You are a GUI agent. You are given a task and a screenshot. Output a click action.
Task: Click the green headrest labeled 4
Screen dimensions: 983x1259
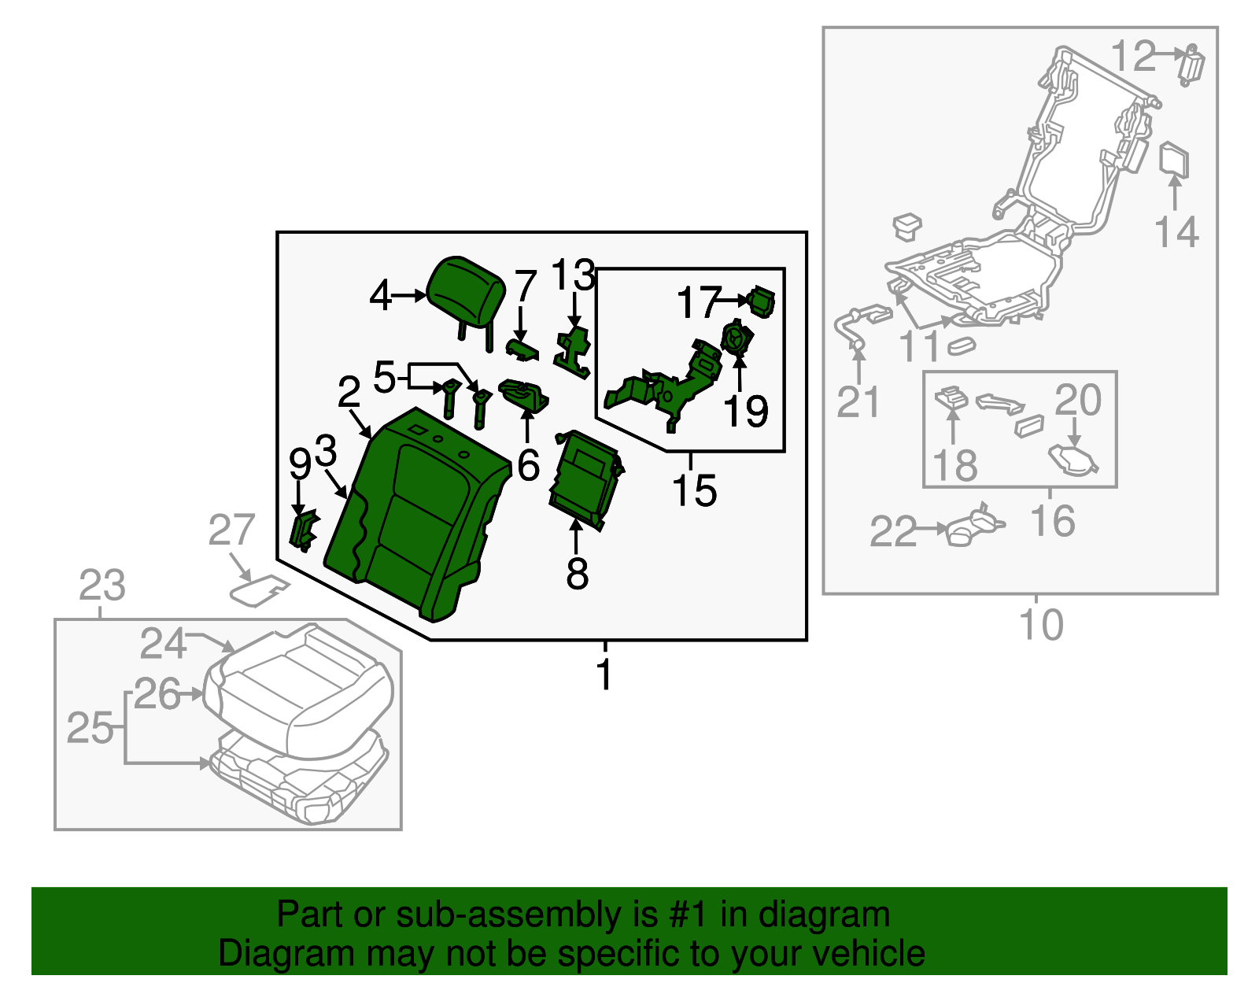coord(467,291)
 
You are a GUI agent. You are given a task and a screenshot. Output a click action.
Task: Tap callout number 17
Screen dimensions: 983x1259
coord(699,302)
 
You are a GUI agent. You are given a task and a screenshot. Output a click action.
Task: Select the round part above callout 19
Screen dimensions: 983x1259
coord(737,339)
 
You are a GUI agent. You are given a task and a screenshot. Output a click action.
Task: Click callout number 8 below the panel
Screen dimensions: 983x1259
coord(577,574)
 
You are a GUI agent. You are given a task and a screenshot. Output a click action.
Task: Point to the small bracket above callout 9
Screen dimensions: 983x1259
coord(303,528)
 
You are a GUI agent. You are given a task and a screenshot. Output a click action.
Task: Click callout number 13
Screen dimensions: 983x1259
coord(573,275)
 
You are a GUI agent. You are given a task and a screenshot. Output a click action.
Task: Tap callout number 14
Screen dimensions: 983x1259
coord(1176,233)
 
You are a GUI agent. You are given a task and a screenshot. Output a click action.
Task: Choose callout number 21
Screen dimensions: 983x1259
coord(858,402)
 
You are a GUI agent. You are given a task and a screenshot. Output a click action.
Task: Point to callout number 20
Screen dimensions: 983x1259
coord(1077,400)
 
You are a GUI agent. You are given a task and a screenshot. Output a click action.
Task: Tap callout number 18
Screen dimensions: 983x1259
coord(955,465)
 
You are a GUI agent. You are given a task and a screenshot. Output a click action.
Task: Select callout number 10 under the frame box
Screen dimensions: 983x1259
coord(1040,625)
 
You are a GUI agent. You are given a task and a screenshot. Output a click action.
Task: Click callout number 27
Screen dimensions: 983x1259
coord(231,530)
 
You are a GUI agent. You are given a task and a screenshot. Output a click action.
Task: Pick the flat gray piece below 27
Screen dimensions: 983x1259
coord(258,590)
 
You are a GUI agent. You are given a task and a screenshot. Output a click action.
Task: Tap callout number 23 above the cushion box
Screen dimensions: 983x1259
coord(102,586)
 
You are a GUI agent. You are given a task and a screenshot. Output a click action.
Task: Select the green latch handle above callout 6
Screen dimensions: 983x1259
coord(524,394)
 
